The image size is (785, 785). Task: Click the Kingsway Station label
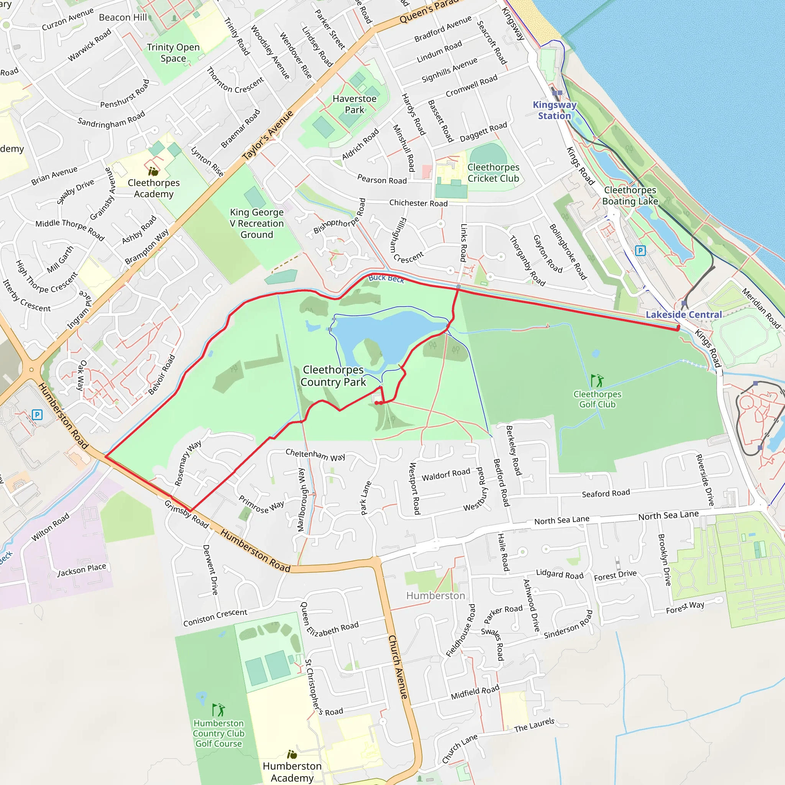pos(554,110)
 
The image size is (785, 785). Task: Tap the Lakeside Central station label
pos(684,314)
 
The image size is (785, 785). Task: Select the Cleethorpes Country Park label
pos(333,376)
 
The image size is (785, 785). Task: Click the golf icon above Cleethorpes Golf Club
pos(597,381)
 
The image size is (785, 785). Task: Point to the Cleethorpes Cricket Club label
pos(493,173)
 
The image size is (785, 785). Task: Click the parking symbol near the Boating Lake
pos(640,251)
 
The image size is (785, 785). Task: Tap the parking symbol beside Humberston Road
pos(37,415)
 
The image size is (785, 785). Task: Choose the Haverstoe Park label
pos(354,104)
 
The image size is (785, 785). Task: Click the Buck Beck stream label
pos(386,278)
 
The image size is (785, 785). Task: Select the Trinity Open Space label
pos(173,53)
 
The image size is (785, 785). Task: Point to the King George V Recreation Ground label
pos(257,223)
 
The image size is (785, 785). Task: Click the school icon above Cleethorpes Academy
pos(153,171)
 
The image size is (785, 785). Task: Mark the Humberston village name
pos(435,596)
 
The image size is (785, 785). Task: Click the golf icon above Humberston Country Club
pos(218,710)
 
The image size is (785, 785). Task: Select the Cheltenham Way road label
pos(315,455)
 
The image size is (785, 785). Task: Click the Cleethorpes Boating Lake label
pos(630,195)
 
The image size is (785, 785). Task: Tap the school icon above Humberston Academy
pos(292,754)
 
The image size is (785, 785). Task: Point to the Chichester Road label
pos(418,203)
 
